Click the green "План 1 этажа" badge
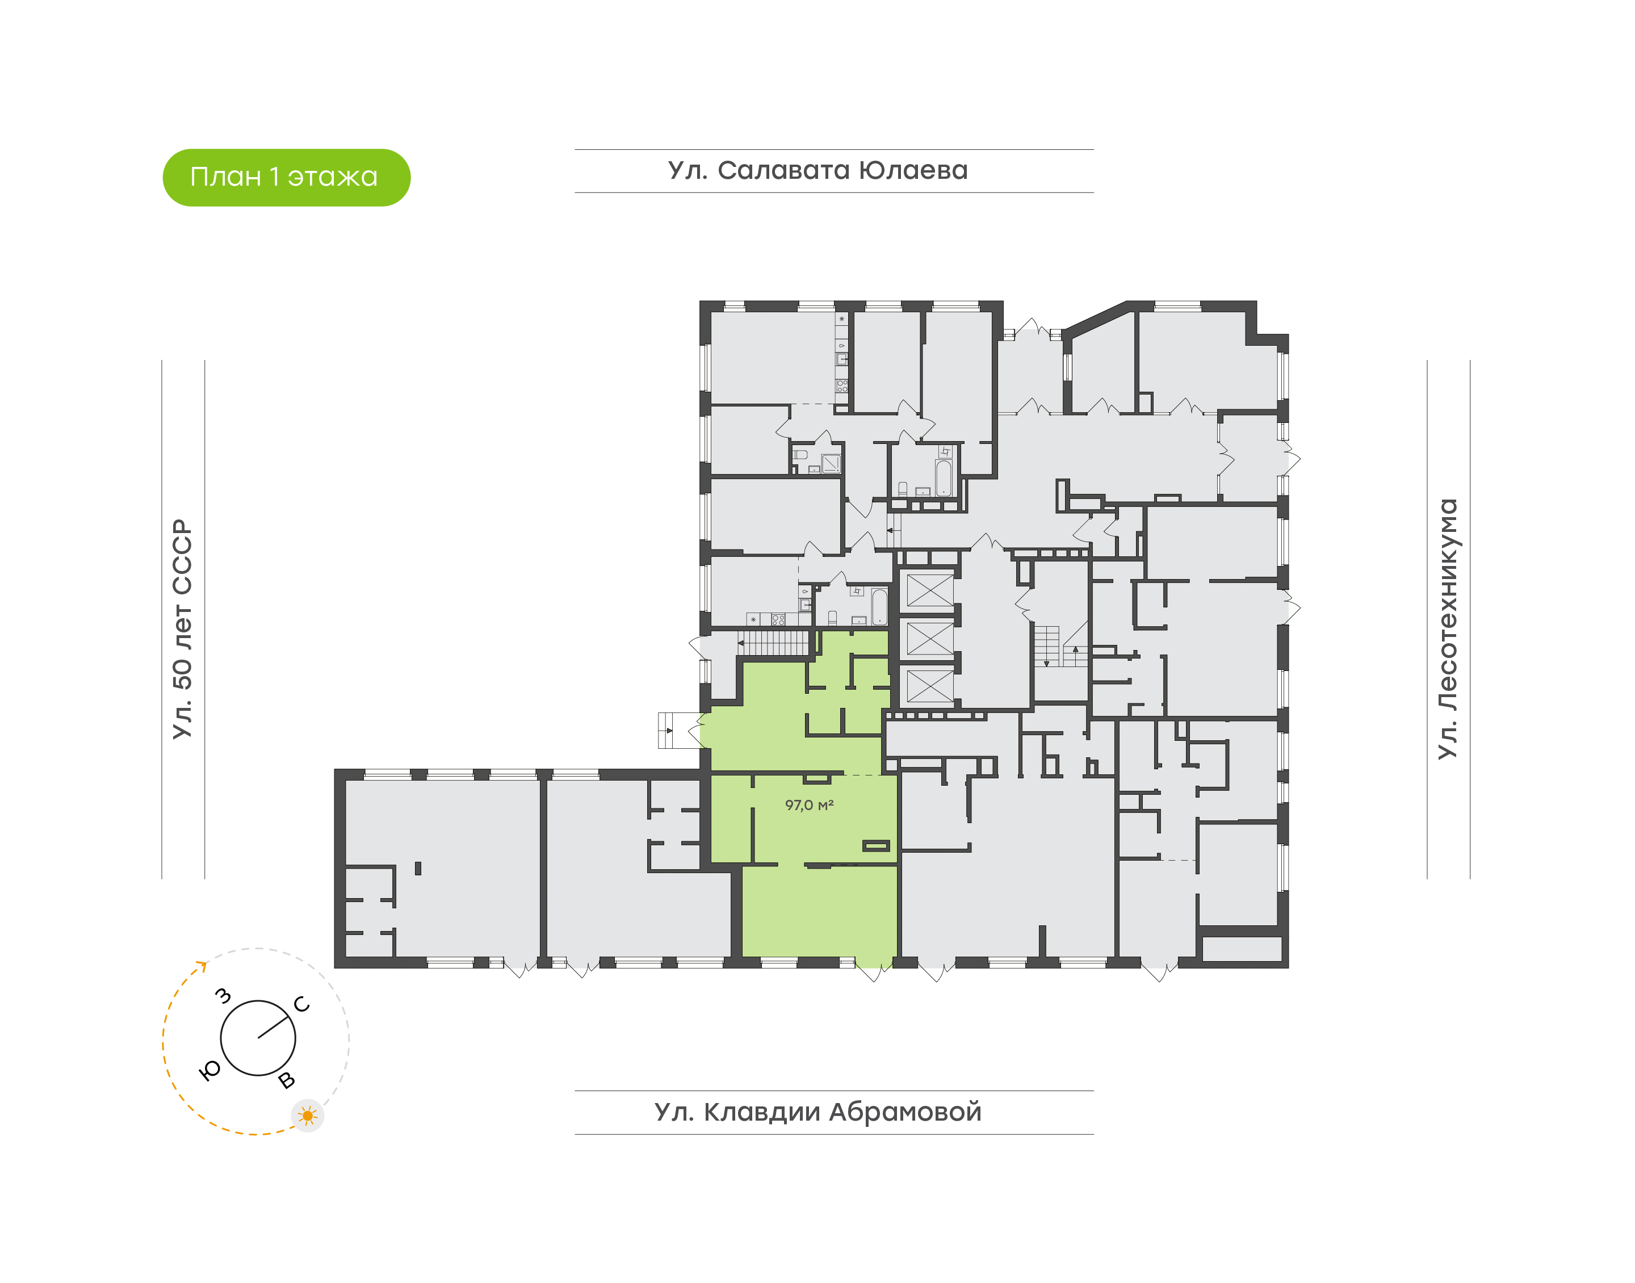[286, 177]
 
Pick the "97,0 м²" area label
[809, 805]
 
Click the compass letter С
[302, 1004]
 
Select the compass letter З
[223, 996]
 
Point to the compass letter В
[286, 1080]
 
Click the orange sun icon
[307, 1116]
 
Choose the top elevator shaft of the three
[930, 590]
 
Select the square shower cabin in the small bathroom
[831, 463]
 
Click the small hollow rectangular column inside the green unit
[876, 846]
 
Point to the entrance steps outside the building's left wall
[668, 730]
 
